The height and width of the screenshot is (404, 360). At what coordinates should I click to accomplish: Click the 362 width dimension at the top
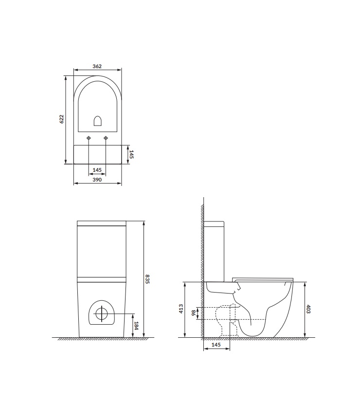click(x=97, y=66)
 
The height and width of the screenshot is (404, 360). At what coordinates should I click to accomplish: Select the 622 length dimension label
click(x=61, y=119)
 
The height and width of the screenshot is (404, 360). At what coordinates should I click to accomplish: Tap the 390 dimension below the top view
click(x=97, y=180)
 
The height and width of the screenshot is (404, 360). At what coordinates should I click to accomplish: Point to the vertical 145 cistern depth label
click(x=131, y=154)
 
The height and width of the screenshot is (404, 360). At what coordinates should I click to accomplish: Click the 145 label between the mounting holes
click(x=97, y=170)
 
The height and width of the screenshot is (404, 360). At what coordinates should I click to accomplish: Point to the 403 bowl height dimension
click(x=309, y=310)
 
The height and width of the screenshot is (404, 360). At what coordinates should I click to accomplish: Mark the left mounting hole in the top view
click(x=89, y=139)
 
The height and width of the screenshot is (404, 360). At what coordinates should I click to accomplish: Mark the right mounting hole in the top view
click(x=106, y=139)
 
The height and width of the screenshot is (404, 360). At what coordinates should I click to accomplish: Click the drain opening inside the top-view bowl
click(x=97, y=120)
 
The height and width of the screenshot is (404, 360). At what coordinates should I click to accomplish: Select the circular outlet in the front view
click(x=102, y=313)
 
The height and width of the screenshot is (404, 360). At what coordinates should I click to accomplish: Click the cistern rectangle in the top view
click(x=97, y=154)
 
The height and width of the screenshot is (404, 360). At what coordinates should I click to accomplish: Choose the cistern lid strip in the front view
click(x=102, y=224)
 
